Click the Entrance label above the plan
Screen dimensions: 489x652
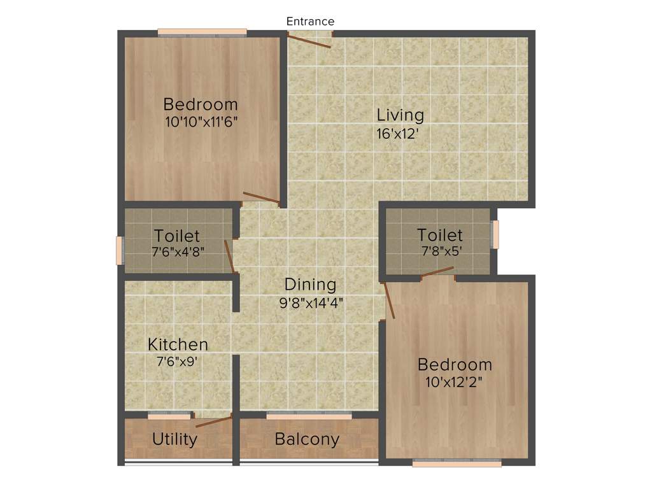coord(310,21)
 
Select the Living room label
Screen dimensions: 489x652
coord(400,115)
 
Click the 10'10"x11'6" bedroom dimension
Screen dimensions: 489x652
coord(201,122)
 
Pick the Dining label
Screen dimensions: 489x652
coord(310,284)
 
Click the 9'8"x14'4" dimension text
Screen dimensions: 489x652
coord(311,303)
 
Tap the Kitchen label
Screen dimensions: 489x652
coord(178,344)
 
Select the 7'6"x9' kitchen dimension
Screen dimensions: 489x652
coord(178,362)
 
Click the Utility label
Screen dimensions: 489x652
coord(174,439)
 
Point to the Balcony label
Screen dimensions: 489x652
coord(307,439)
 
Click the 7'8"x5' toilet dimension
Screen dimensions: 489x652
coord(440,250)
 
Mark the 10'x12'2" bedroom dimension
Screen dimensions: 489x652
coord(455,383)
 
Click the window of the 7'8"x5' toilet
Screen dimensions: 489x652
coord(495,234)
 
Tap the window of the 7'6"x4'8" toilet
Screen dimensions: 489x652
coord(118,250)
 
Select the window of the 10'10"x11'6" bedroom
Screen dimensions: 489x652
coord(202,31)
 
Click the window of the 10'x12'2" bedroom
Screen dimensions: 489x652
coord(457,464)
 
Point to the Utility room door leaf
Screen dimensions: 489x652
coord(213,421)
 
